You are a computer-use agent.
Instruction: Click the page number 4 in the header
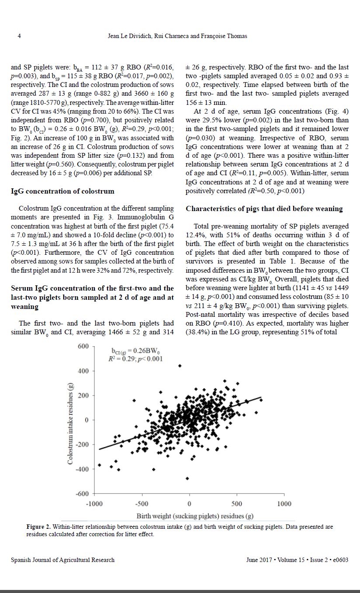(19, 36)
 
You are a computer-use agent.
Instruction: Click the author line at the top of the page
(177, 36)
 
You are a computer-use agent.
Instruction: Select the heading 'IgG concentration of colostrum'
(62, 191)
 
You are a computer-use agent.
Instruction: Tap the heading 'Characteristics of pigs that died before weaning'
(264, 208)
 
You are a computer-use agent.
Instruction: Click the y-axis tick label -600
(82, 494)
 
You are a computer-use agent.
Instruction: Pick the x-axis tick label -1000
(94, 504)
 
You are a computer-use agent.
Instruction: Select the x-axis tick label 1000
(284, 504)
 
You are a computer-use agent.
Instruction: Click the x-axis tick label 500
(237, 504)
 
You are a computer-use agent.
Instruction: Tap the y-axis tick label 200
(83, 395)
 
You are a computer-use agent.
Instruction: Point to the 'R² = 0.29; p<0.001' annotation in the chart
(135, 359)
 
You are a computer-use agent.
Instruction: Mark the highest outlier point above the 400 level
(180, 366)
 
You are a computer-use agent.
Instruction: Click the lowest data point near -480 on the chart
(187, 479)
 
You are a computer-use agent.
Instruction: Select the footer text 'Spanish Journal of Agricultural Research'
(62, 560)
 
